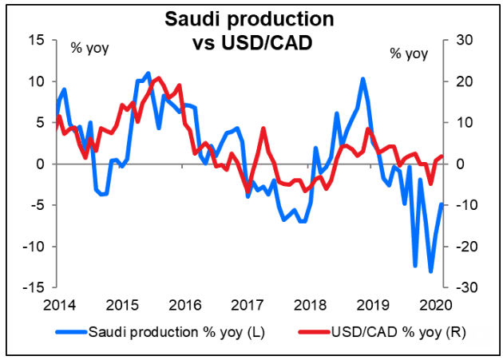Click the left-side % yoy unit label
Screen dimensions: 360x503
(90, 48)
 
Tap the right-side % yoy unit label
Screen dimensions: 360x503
(409, 54)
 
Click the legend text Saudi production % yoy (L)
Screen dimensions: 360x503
(176, 330)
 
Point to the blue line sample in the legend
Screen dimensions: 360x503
(71, 330)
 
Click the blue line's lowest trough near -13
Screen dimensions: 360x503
(431, 271)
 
